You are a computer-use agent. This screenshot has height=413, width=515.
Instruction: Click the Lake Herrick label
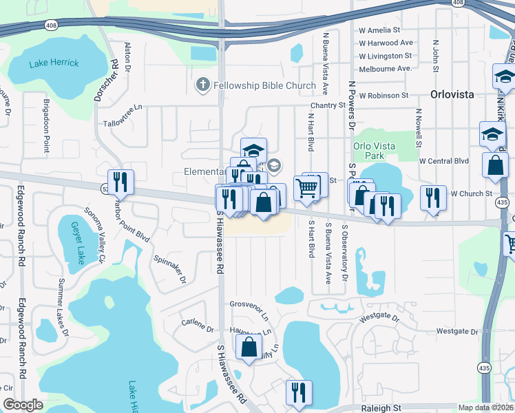[x=54, y=63]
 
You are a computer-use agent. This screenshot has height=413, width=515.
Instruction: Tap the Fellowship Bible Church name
[x=264, y=86]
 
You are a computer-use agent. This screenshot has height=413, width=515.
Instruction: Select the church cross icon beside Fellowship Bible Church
[x=202, y=85]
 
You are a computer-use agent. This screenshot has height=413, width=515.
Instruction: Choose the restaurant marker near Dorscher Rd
[x=120, y=182]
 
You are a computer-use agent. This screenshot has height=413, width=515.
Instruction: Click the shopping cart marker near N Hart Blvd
[x=306, y=187]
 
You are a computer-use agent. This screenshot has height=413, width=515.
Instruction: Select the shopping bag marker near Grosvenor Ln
[x=249, y=348]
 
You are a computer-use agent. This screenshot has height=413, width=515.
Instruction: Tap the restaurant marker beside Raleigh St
[x=298, y=393]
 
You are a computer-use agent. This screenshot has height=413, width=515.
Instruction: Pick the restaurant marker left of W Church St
[x=432, y=198]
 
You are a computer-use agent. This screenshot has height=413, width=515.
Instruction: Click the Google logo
[x=23, y=405]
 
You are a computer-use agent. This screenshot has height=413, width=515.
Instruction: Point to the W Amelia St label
[x=379, y=30]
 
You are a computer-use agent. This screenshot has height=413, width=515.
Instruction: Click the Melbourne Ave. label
[x=385, y=68]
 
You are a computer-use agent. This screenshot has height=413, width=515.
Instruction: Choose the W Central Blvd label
[x=443, y=161]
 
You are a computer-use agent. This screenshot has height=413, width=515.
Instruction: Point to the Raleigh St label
[x=381, y=407]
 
